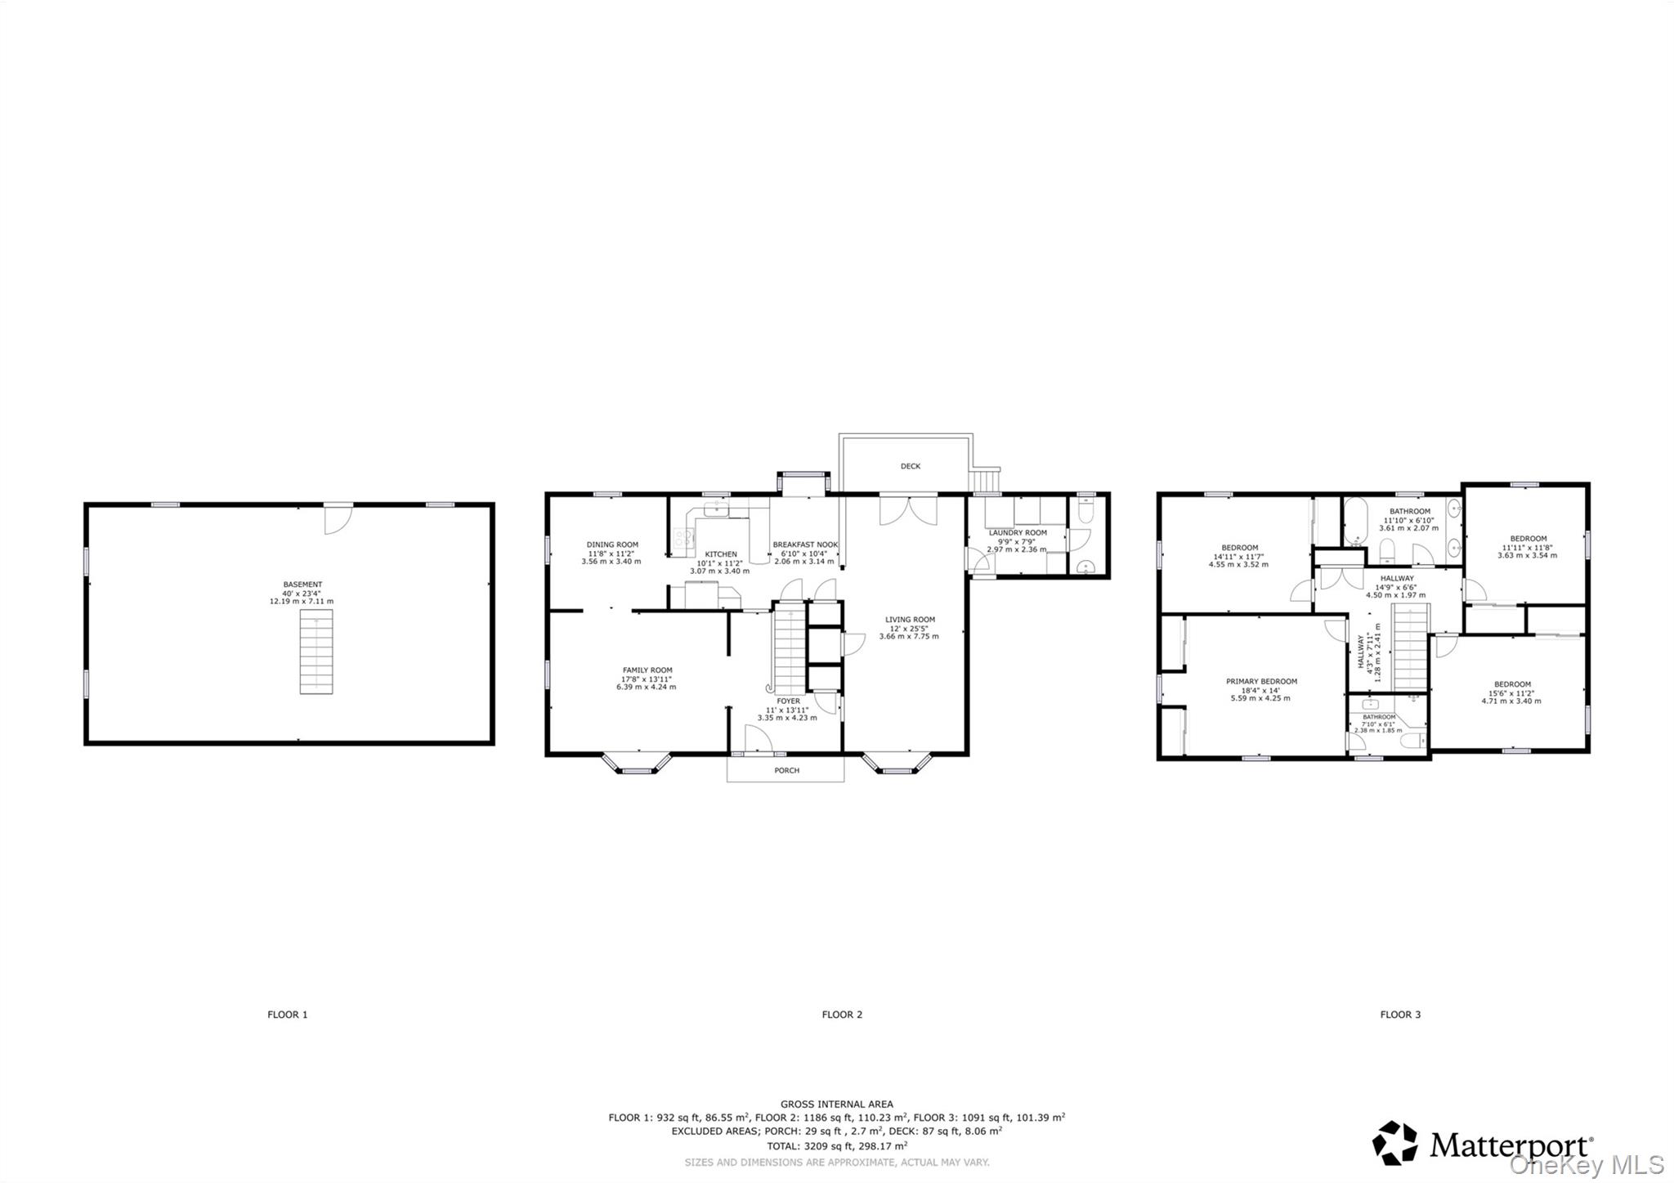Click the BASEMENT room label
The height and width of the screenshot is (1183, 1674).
point(302,585)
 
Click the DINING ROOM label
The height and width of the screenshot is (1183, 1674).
point(612,544)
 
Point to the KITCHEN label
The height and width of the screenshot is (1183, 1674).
point(721,554)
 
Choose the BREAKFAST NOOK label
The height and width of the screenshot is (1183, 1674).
point(805,544)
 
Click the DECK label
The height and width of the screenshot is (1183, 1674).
point(911,466)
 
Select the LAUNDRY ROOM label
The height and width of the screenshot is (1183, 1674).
point(1018,532)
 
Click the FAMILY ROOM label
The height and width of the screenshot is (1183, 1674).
point(647,670)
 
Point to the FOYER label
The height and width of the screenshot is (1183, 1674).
point(788,701)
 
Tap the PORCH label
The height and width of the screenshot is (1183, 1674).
point(786,770)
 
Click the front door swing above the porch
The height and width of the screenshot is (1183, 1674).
point(759,739)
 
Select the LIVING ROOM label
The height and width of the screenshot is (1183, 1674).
point(910,620)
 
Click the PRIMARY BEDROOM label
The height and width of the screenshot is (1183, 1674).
point(1261,681)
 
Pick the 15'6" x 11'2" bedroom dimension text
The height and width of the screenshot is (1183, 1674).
point(1512,692)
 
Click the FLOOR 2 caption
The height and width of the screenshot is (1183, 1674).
point(842,1015)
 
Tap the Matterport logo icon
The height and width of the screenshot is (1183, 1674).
point(1394,1142)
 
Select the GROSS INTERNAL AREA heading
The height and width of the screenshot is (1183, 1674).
point(836,1104)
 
